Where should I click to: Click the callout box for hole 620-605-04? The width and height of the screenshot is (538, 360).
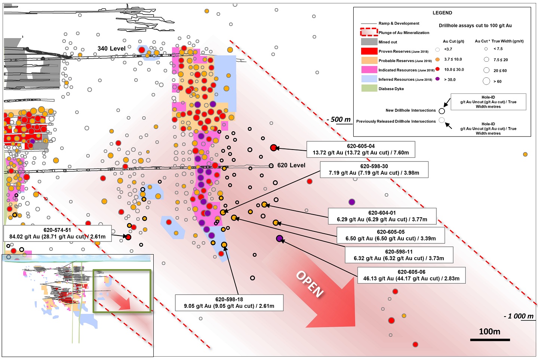click(361, 150)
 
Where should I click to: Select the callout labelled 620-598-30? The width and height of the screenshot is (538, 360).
click(374, 170)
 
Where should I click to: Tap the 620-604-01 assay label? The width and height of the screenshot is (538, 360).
click(382, 216)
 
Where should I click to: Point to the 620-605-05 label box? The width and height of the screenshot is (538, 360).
click(391, 236)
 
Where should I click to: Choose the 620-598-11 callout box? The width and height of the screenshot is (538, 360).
click(399, 255)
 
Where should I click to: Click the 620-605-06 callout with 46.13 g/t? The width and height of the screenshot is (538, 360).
click(411, 275)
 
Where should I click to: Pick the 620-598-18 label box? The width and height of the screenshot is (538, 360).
click(229, 303)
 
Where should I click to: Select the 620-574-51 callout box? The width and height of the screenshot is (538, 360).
click(58, 233)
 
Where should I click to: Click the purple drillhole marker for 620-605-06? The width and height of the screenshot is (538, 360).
click(279, 239)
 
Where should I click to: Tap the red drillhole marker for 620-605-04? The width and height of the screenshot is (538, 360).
click(273, 148)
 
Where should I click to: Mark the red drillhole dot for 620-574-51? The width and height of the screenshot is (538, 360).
click(128, 237)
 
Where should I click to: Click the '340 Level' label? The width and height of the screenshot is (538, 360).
click(111, 49)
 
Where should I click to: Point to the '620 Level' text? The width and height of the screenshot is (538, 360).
click(291, 165)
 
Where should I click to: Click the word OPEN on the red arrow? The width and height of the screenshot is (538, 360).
click(310, 284)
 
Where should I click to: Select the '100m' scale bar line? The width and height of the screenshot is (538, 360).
click(490, 340)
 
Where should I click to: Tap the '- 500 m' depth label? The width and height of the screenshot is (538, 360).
click(339, 119)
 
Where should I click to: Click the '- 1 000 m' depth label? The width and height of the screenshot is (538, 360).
click(519, 316)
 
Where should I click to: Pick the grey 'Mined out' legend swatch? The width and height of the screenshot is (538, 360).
click(369, 42)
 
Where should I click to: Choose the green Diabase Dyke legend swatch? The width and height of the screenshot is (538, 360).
click(369, 88)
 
